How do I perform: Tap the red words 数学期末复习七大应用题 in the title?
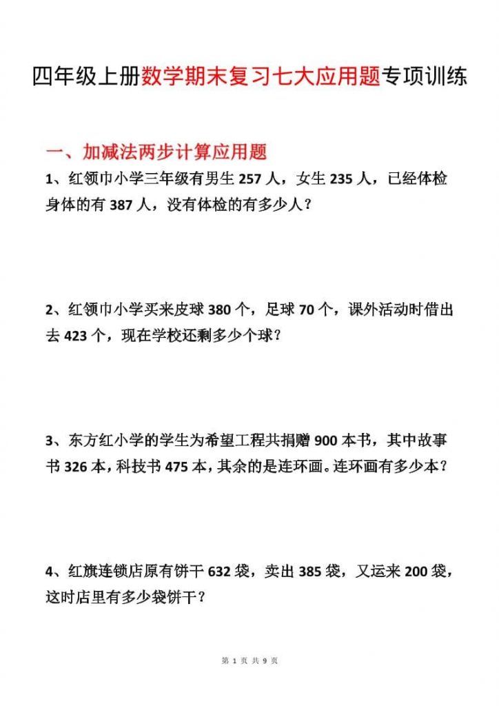tap(262, 77)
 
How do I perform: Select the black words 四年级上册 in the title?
tap(87, 77)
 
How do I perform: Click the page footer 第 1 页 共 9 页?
tap(250, 661)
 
